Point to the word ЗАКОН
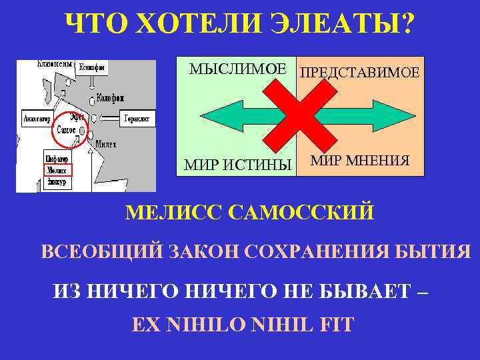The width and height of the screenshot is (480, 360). [205, 253]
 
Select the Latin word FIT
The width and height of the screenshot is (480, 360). [337, 325]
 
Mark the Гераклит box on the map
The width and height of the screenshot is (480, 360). [137, 119]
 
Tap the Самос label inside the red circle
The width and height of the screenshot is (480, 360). [66, 130]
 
